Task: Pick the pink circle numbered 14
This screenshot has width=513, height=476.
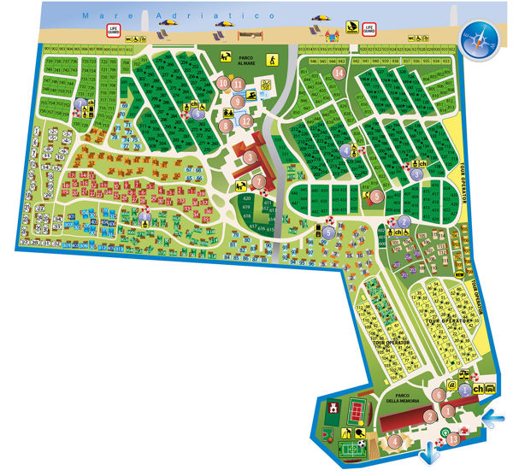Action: [x=339, y=73]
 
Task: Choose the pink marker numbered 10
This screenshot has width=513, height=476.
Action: [x=222, y=83]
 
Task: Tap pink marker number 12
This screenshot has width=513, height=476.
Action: [x=246, y=120]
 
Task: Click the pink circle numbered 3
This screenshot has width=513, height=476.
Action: [x=250, y=156]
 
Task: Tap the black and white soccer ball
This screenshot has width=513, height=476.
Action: [x=362, y=444]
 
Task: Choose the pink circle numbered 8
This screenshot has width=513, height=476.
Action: [x=224, y=126]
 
